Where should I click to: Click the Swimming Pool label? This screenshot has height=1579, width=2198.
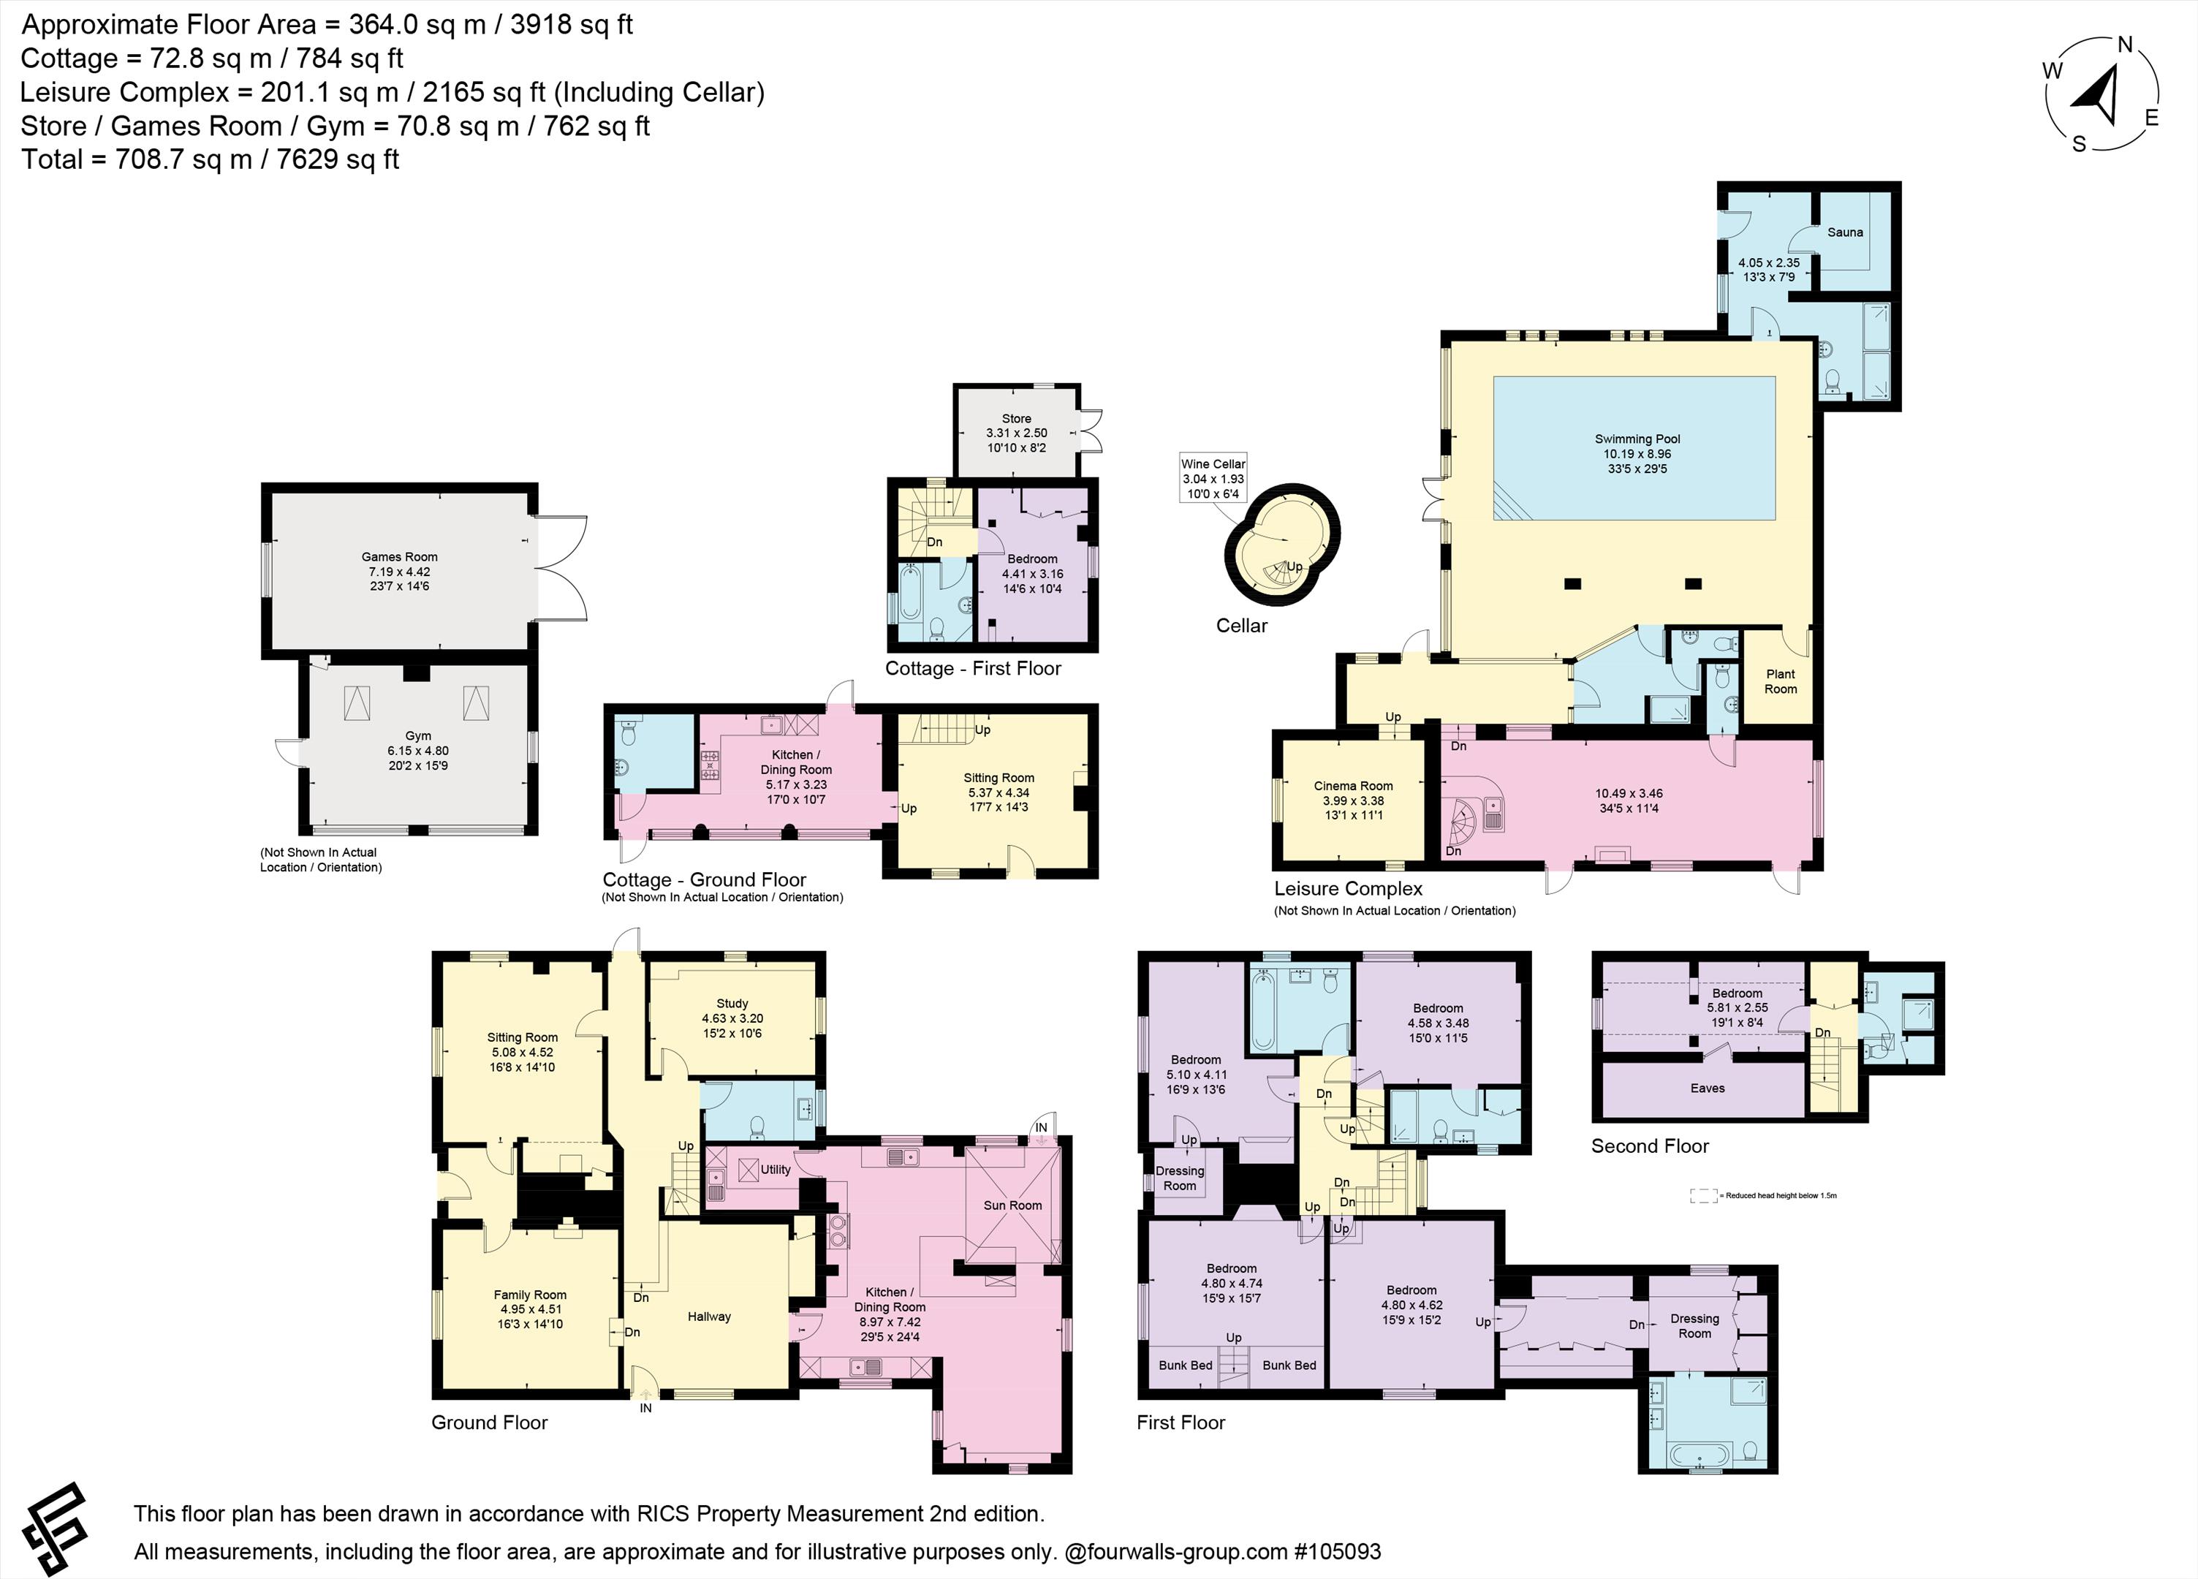[1637, 439]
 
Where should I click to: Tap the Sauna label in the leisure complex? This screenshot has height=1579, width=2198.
[1845, 232]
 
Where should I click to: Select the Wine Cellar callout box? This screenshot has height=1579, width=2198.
[1213, 479]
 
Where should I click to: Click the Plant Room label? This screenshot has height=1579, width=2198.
[1781, 681]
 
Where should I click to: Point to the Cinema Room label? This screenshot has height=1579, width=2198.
[1353, 786]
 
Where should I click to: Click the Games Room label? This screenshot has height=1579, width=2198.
[399, 556]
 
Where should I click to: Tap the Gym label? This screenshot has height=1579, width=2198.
[417, 735]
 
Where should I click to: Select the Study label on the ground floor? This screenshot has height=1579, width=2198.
[732, 1003]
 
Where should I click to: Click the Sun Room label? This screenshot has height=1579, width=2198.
[1013, 1205]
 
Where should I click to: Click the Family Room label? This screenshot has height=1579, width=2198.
[529, 1295]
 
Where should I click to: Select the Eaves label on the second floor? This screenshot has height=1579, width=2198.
[1708, 1088]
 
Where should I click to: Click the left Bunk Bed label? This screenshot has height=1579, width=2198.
[1185, 1365]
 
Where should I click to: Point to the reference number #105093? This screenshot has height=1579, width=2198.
[1338, 1552]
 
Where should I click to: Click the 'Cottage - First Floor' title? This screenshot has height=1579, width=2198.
[973, 669]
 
